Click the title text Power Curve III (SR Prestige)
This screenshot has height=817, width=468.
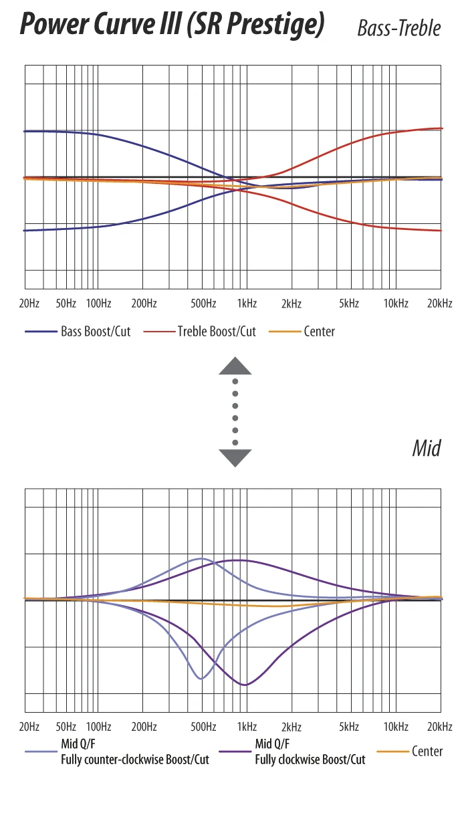tap(172, 25)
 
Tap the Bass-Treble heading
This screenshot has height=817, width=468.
tap(399, 28)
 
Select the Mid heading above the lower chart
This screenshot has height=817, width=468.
tap(427, 448)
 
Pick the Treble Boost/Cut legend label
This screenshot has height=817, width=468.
tap(217, 331)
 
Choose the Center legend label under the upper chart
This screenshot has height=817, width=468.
tap(319, 331)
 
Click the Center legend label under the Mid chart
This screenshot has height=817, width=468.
tap(427, 751)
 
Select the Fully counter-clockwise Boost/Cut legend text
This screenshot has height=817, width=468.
tap(135, 760)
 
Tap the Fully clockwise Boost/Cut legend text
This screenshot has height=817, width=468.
tap(310, 760)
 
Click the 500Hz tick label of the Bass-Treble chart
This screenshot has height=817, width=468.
tap(203, 303)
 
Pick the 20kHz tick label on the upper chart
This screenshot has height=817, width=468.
tap(440, 303)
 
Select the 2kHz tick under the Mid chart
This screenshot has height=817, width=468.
tap(291, 727)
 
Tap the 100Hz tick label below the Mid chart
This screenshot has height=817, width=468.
tap(98, 727)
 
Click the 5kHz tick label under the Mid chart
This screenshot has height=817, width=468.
tap(349, 727)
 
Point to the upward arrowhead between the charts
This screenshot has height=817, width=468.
tap(235, 366)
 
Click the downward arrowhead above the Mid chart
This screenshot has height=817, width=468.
tap(235, 457)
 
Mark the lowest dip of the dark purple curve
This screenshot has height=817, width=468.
tap(245, 685)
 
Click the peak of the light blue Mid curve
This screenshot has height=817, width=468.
tap(201, 558)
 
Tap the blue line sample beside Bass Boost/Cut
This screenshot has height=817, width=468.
tap(40, 332)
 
